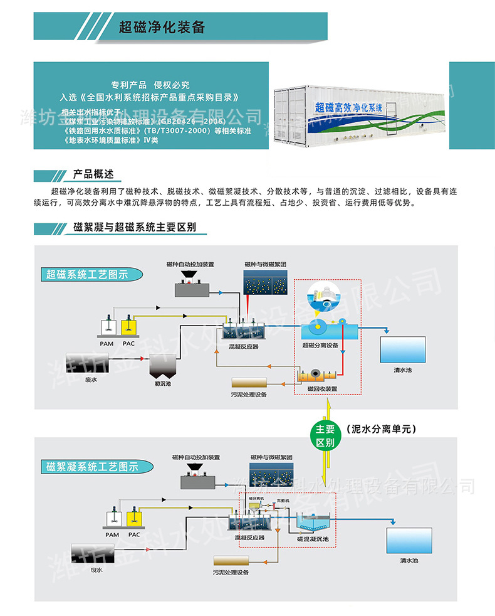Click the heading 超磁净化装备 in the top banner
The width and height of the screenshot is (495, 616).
tap(162, 28)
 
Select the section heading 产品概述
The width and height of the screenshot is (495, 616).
tap(93, 174)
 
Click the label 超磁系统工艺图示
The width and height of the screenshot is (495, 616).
tap(87, 274)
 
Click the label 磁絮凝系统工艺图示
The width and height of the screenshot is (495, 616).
tap(91, 467)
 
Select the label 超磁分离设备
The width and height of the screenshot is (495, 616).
tap(320, 345)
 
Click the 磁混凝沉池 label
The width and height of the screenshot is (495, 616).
tap(313, 538)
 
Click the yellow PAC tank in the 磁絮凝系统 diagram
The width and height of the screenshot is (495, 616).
tap(134, 519)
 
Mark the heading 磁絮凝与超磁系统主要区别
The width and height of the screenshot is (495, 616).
tap(135, 227)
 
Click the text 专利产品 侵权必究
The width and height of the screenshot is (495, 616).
tap(150, 85)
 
